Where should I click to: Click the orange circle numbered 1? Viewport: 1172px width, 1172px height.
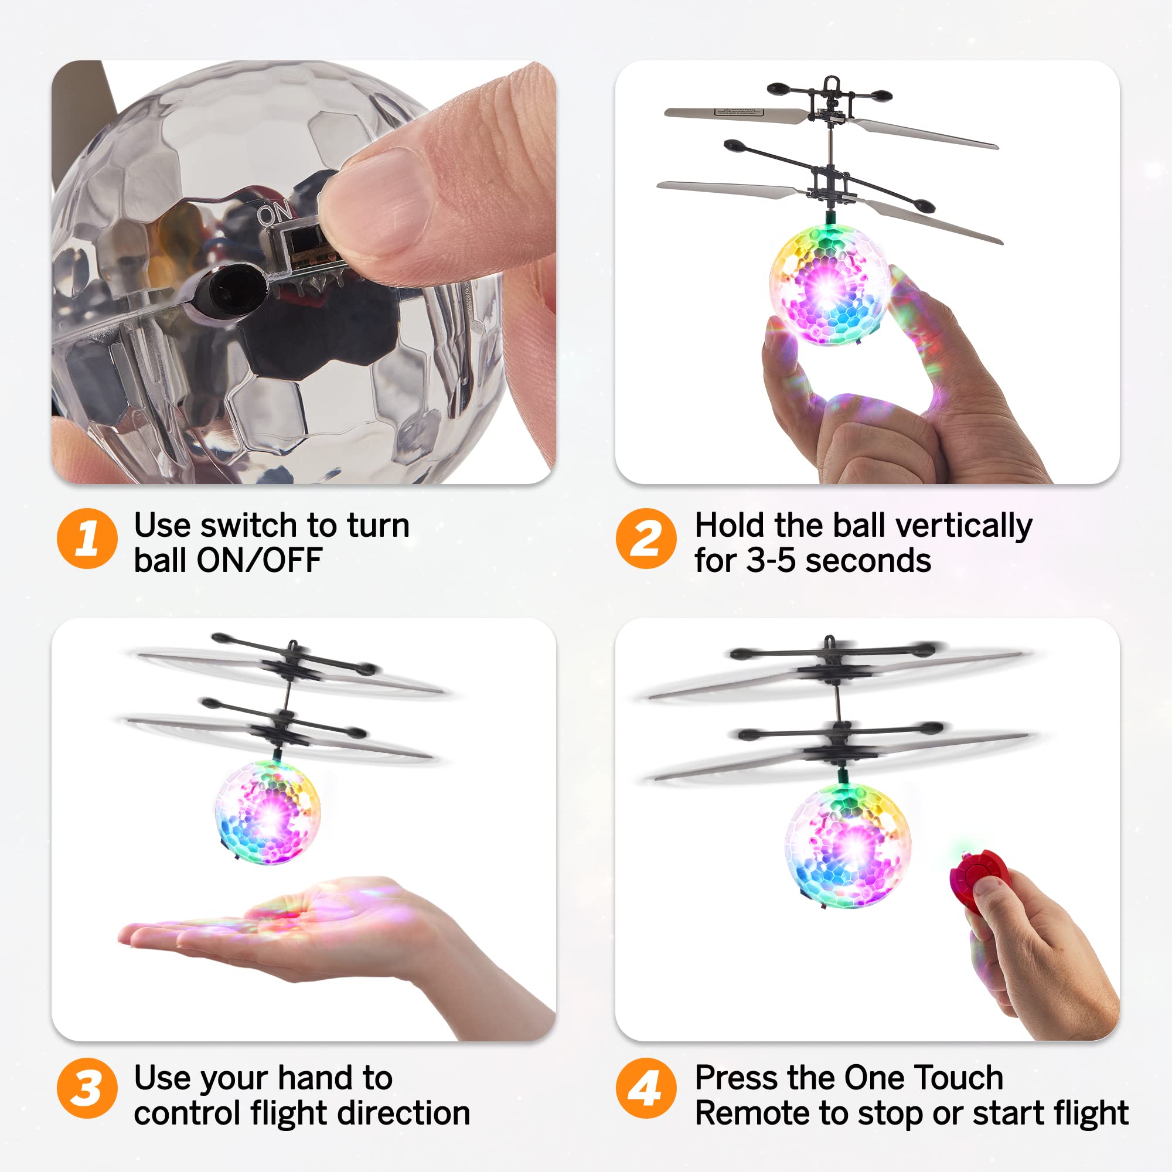click(87, 538)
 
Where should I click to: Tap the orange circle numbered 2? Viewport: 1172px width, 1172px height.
click(645, 538)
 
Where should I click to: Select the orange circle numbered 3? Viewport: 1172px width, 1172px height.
click(87, 1088)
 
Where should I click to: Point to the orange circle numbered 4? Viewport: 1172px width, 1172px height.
click(645, 1088)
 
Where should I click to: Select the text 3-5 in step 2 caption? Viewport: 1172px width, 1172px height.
click(770, 561)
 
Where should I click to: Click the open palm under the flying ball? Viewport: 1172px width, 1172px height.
click(291, 928)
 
